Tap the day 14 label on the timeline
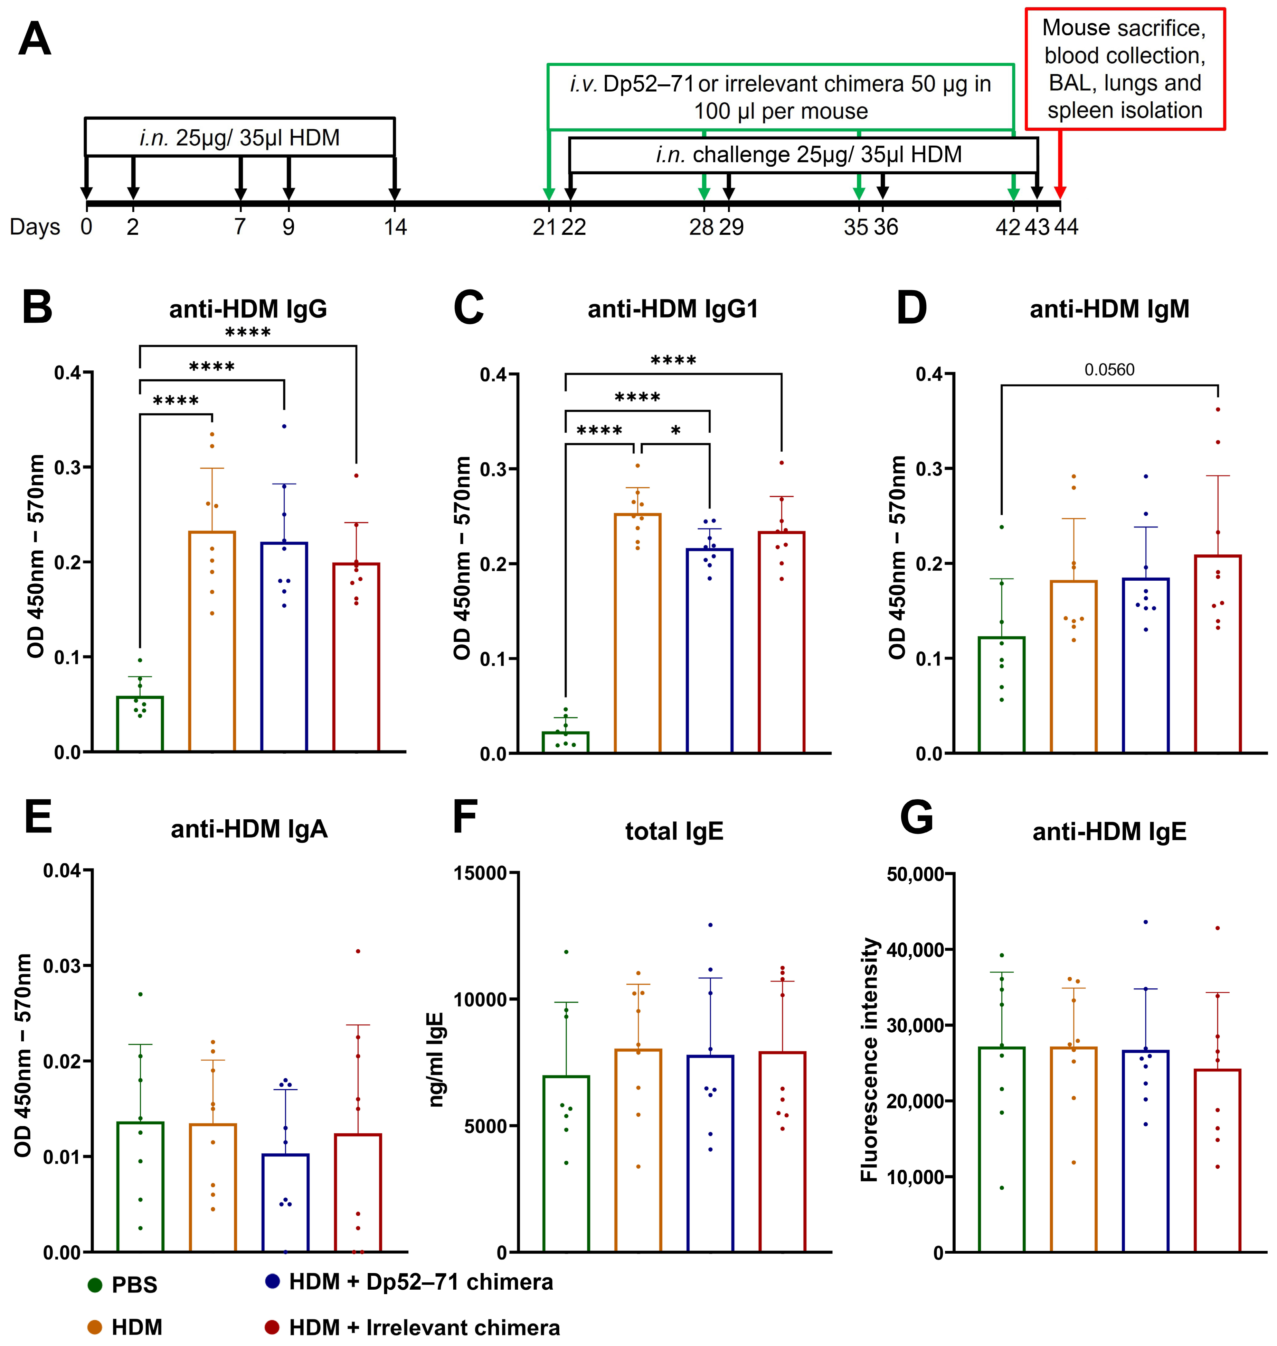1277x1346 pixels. coord(395,227)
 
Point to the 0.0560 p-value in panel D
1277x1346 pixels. coord(1109,370)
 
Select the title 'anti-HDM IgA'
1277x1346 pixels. coord(249,829)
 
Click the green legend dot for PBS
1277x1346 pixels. coord(95,1285)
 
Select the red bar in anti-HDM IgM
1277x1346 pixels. coord(1218,654)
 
